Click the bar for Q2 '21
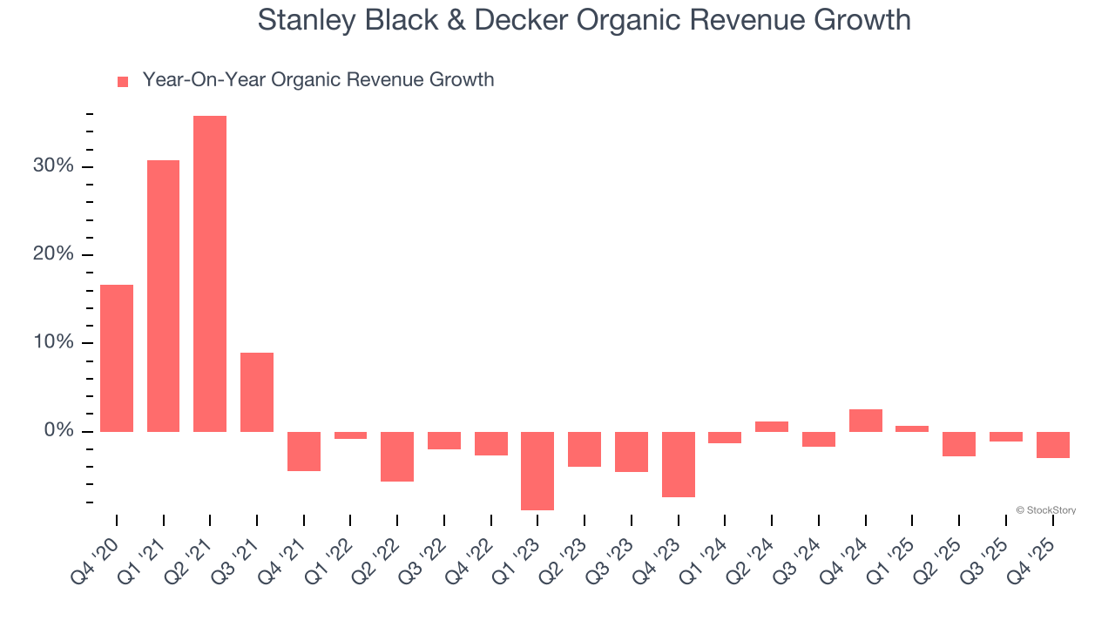tap(210, 273)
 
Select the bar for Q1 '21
tap(163, 296)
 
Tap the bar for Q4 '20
tap(117, 358)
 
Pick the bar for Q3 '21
tap(257, 392)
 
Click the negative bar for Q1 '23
tap(537, 470)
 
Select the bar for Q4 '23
tap(678, 464)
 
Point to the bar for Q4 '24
tap(865, 421)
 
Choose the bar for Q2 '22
tap(397, 456)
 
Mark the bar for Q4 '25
tap(1052, 445)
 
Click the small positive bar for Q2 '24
tap(772, 427)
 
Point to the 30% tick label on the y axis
tap(54, 166)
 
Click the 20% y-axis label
tap(54, 254)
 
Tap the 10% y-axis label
tap(54, 342)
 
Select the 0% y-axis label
tap(58, 431)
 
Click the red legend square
tap(123, 81)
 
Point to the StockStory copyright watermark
tap(1045, 510)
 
